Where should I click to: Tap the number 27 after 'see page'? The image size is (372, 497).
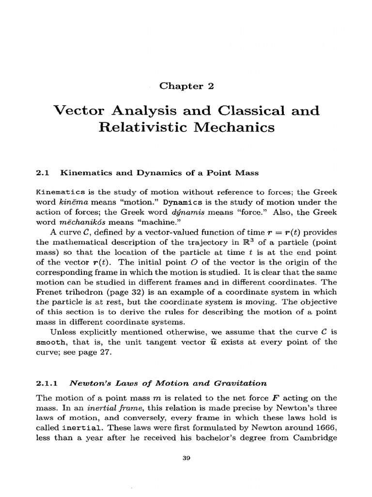pyautogui.click(x=105, y=352)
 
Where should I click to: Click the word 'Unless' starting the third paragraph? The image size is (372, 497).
pyautogui.click(x=62, y=332)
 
